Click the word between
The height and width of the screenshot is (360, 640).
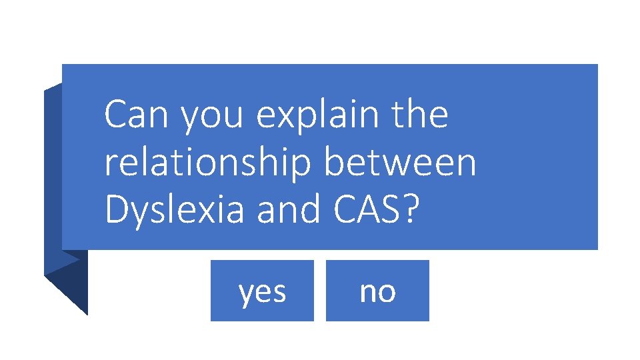pos(400,163)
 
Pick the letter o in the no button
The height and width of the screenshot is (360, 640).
pos(386,292)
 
